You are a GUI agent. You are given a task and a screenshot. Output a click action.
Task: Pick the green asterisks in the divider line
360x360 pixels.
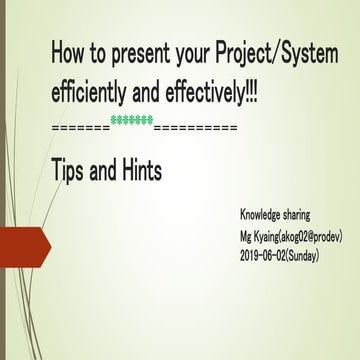(x=132, y=121)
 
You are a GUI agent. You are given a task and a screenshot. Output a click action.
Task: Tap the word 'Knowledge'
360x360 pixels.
(x=263, y=215)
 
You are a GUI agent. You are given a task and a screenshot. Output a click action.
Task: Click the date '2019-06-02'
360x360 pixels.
(x=269, y=256)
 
